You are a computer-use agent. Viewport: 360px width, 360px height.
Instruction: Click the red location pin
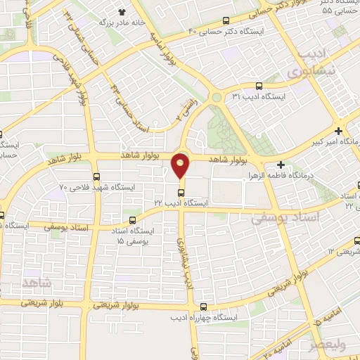pyautogui.click(x=181, y=165)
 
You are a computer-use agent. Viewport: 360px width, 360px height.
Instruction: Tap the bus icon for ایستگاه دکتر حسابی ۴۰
pyautogui.click(x=225, y=20)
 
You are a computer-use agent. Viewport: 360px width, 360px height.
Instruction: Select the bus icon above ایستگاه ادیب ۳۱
pyautogui.click(x=259, y=84)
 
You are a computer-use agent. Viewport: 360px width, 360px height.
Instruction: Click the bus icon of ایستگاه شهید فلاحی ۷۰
pyautogui.click(x=96, y=176)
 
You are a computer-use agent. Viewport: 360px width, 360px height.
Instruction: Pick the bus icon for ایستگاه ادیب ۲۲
pyautogui.click(x=181, y=191)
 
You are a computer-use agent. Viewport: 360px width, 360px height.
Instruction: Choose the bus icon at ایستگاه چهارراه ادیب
pyautogui.click(x=204, y=307)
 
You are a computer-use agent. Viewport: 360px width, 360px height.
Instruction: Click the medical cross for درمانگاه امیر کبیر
pyautogui.click(x=340, y=131)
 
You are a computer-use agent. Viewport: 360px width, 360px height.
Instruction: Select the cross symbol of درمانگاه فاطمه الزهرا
pyautogui.click(x=281, y=164)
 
